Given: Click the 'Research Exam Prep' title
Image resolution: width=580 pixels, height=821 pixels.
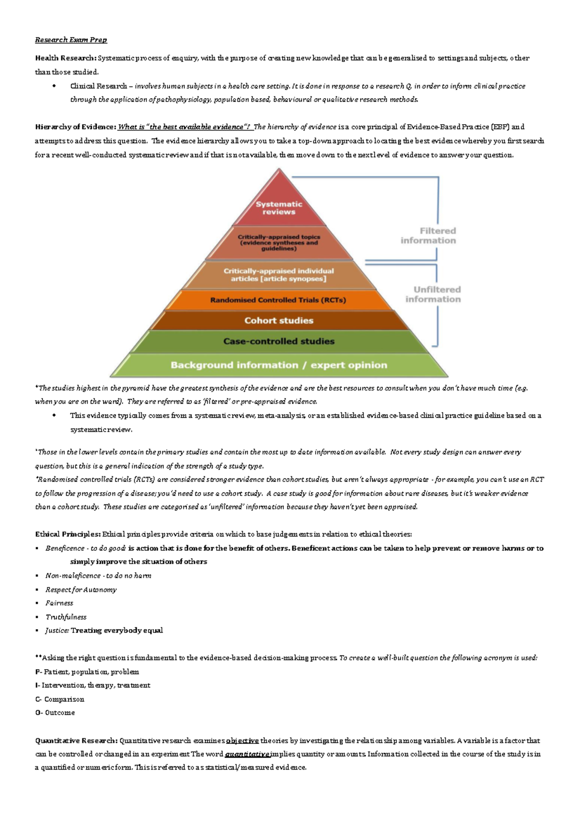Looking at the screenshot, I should [x=71, y=40].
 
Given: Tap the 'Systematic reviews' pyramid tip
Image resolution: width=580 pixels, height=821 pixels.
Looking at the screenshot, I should [x=279, y=207].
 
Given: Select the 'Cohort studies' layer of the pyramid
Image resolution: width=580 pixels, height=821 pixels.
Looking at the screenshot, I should [x=279, y=321].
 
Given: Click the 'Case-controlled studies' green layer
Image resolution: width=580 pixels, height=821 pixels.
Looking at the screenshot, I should [x=279, y=341].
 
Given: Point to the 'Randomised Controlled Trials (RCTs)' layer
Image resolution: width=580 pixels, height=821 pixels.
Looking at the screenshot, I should [x=278, y=300].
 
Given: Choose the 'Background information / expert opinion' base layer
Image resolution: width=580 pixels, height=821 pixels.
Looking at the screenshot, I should [x=279, y=365].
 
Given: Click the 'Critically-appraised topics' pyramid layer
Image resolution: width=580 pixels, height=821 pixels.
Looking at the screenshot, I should [x=279, y=243].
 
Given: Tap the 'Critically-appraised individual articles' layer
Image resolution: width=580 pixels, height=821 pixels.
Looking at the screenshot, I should [x=278, y=275].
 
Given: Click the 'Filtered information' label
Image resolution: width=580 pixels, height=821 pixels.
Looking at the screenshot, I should [x=428, y=235].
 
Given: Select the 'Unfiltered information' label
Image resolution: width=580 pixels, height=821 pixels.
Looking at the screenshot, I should [x=433, y=294].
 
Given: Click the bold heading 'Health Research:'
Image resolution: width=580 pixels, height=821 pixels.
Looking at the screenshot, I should [x=66, y=58].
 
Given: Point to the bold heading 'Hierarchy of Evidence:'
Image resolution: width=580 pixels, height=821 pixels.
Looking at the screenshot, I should [x=75, y=127].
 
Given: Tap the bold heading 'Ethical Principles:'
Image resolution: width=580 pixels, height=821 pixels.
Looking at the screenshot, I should [x=68, y=534].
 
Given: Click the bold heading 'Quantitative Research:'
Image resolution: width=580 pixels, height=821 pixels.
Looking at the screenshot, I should [x=76, y=741].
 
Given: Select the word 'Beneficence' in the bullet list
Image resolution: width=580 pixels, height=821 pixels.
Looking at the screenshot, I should [x=65, y=548].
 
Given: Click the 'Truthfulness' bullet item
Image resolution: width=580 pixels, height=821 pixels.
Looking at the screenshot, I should [x=66, y=617].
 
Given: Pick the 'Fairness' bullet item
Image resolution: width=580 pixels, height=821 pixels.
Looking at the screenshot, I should [x=59, y=603].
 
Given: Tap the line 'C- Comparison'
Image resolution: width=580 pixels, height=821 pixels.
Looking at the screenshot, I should [x=60, y=699].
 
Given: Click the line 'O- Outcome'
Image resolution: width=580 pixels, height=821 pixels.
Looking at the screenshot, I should [x=55, y=713].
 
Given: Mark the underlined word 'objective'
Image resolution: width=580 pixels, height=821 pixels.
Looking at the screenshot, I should [x=242, y=741].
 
